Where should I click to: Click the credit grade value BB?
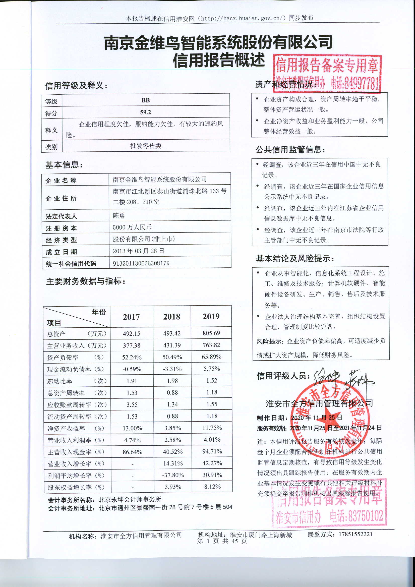[x=146, y=100]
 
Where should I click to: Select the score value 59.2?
[x=146, y=112]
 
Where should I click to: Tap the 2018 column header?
[x=171, y=317]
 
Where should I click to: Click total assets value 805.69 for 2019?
[x=211, y=333]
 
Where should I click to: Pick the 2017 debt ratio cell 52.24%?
[x=132, y=357]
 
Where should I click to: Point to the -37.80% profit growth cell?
[x=173, y=475]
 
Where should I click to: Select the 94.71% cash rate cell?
[x=212, y=451]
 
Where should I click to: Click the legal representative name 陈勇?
[x=119, y=215]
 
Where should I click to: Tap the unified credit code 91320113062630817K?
[x=141, y=263]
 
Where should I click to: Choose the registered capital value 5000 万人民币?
[x=132, y=227]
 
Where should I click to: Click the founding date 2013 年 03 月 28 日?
[x=138, y=251]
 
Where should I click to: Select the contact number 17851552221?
[x=355, y=534]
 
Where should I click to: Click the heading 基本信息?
[x=64, y=165]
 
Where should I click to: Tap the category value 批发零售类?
[x=146, y=146]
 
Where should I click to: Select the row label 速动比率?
[x=60, y=381]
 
